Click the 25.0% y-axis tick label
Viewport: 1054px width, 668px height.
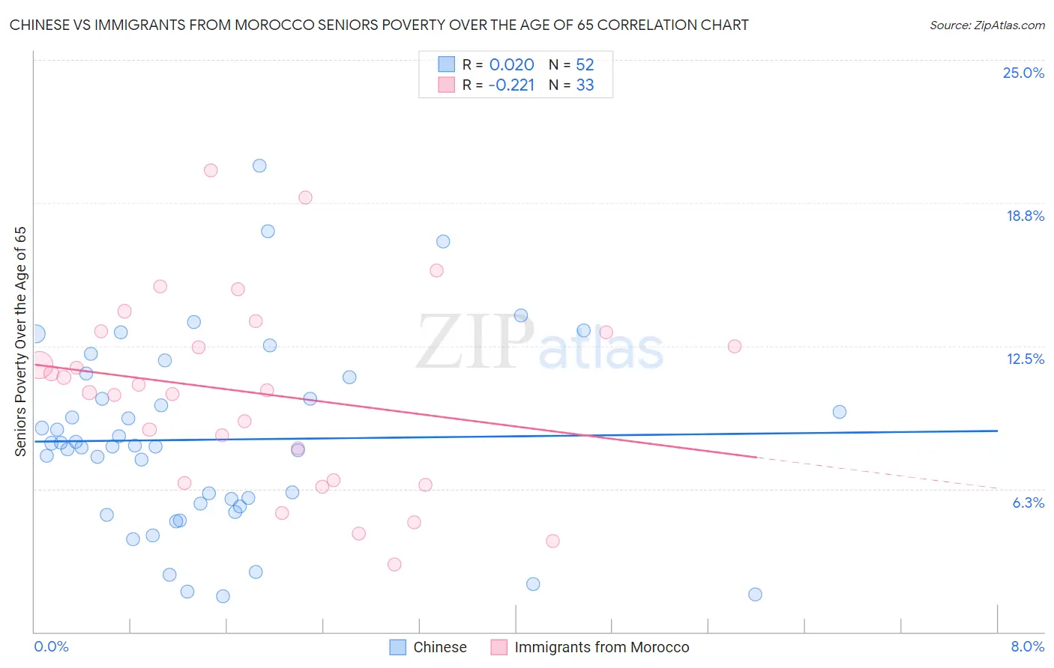[x=1023, y=73]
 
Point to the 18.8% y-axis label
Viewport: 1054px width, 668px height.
[x=1025, y=216]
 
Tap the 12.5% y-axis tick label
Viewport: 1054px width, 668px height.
[x=1025, y=359]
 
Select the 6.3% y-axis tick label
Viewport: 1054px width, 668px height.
[x=1028, y=502]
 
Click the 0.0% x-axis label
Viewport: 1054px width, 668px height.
[x=51, y=646]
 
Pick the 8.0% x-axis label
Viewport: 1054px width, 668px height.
[x=1027, y=646]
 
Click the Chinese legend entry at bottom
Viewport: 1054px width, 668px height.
[x=439, y=647]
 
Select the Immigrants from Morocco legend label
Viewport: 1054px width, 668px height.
[x=601, y=647]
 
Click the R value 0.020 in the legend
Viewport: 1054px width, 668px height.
[x=511, y=65]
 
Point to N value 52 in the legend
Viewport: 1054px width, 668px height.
[x=585, y=65]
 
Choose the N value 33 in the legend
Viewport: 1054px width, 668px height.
[x=585, y=85]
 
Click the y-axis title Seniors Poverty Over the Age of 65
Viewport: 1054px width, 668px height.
[x=20, y=341]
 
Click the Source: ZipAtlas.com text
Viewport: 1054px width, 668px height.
[x=987, y=25]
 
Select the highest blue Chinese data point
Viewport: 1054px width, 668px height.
[x=259, y=166]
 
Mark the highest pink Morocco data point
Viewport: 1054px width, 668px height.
[x=211, y=170]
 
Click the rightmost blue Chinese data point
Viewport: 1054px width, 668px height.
[x=840, y=412]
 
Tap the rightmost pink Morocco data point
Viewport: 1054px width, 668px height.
[x=735, y=346]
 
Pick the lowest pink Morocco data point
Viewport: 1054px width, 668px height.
[x=394, y=564]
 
